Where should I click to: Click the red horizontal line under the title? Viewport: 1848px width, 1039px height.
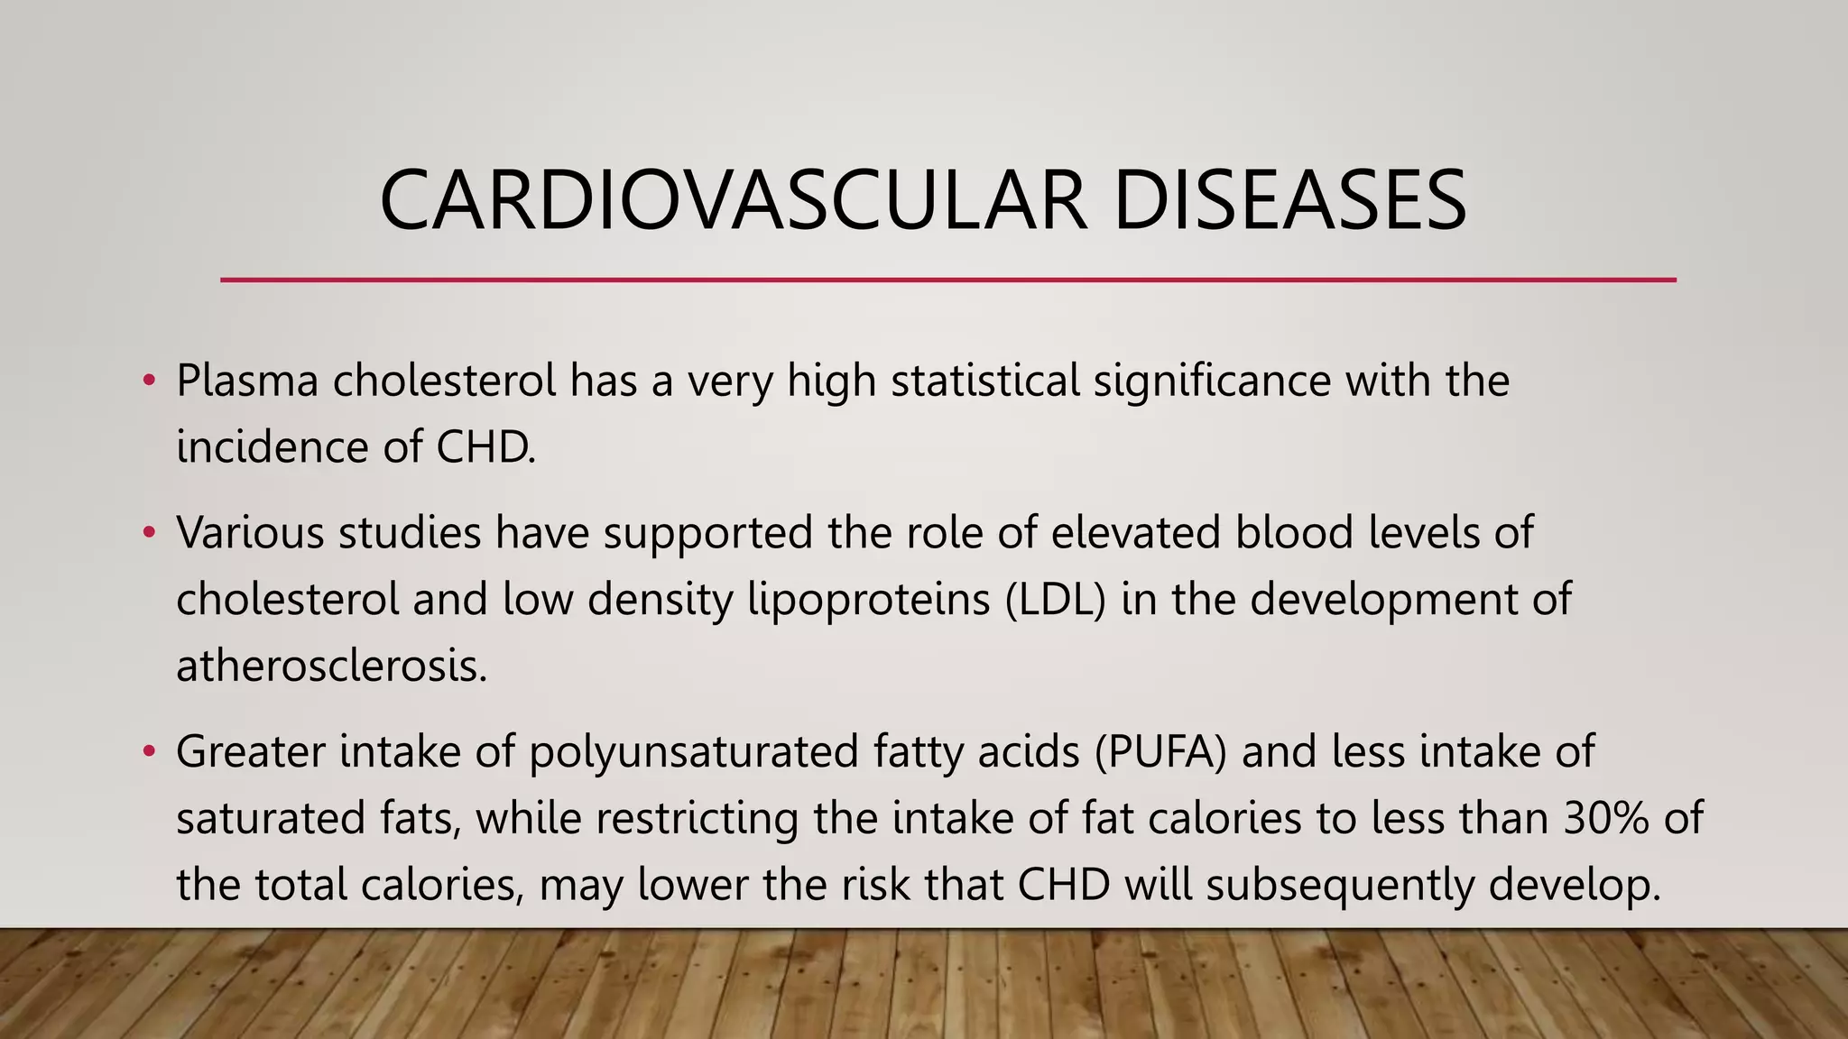tap(947, 280)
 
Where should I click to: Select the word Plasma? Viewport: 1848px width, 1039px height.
tap(247, 381)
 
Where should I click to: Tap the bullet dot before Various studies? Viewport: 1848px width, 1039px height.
tap(150, 531)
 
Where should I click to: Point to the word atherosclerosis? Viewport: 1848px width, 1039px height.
tap(331, 667)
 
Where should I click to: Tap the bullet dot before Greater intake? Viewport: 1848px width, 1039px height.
tap(150, 750)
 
